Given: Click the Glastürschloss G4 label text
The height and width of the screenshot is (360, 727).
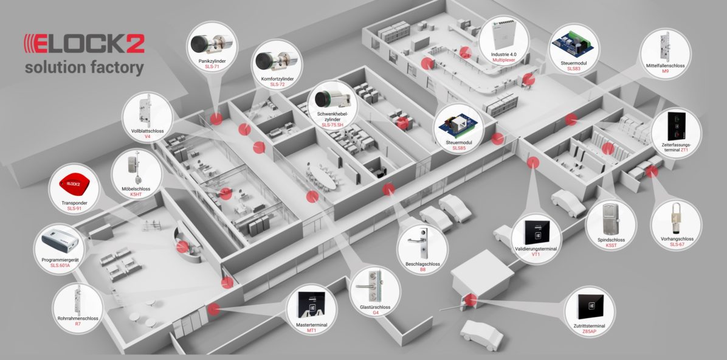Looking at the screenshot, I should [375, 310].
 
